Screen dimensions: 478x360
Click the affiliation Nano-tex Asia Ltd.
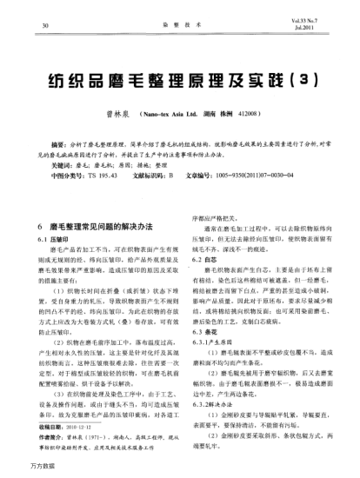pos(203,113)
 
